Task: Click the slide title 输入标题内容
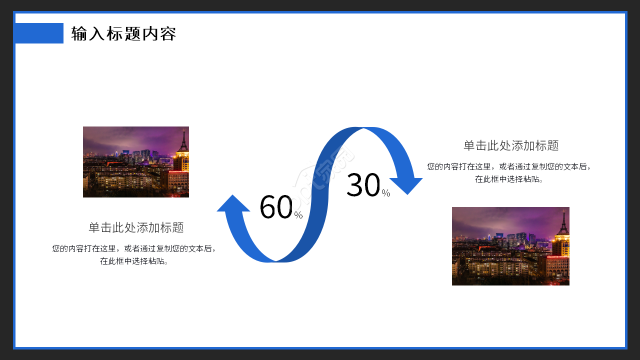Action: (x=123, y=33)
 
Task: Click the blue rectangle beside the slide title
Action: (x=39, y=33)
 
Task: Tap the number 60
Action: (x=276, y=207)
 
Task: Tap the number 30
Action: (x=363, y=185)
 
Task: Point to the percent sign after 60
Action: (x=298, y=215)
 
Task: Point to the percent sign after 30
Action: (x=385, y=193)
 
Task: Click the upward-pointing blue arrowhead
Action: (x=233, y=203)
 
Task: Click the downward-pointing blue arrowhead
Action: (x=406, y=186)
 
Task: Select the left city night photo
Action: (x=136, y=162)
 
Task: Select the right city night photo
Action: (x=510, y=246)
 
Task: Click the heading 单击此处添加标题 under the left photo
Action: (x=136, y=227)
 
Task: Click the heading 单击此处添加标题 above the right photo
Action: (x=511, y=145)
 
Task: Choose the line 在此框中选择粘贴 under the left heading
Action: (x=133, y=261)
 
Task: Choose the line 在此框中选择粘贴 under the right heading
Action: (x=509, y=179)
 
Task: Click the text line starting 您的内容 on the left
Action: (x=133, y=248)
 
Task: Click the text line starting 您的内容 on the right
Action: (x=509, y=166)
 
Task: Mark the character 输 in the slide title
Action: (x=79, y=33)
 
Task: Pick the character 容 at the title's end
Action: (x=168, y=33)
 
